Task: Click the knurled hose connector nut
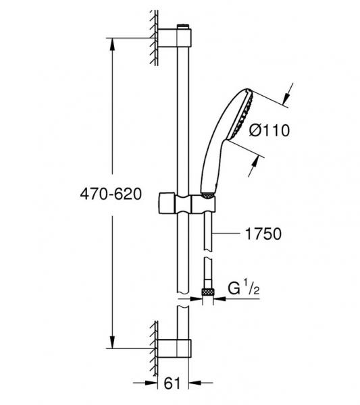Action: pos(207,292)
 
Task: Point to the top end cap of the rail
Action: pos(183,28)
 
